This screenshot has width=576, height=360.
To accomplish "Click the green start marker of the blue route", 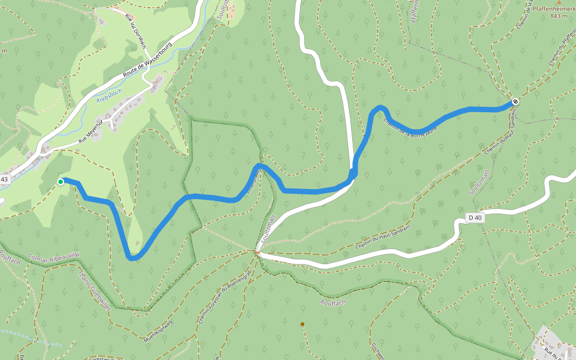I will coord(61,181).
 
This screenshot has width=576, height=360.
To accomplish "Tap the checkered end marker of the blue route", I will coord(515,101).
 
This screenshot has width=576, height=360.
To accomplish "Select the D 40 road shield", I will coord(475,217).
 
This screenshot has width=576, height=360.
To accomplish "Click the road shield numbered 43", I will coord(5,179).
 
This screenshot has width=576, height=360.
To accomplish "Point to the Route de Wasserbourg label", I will coord(146,62).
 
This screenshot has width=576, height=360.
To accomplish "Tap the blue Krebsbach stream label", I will coord(109,95).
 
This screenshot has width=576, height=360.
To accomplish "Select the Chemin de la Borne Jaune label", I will coord(411,127).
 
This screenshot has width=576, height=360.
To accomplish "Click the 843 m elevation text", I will coord(559,16).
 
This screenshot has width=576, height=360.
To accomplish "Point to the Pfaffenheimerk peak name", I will coord(553,8).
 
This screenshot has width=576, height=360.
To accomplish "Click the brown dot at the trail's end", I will coord(302,325).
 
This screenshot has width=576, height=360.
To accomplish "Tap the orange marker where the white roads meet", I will coord(257,253).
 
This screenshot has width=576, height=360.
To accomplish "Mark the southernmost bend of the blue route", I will coord(133,259).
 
